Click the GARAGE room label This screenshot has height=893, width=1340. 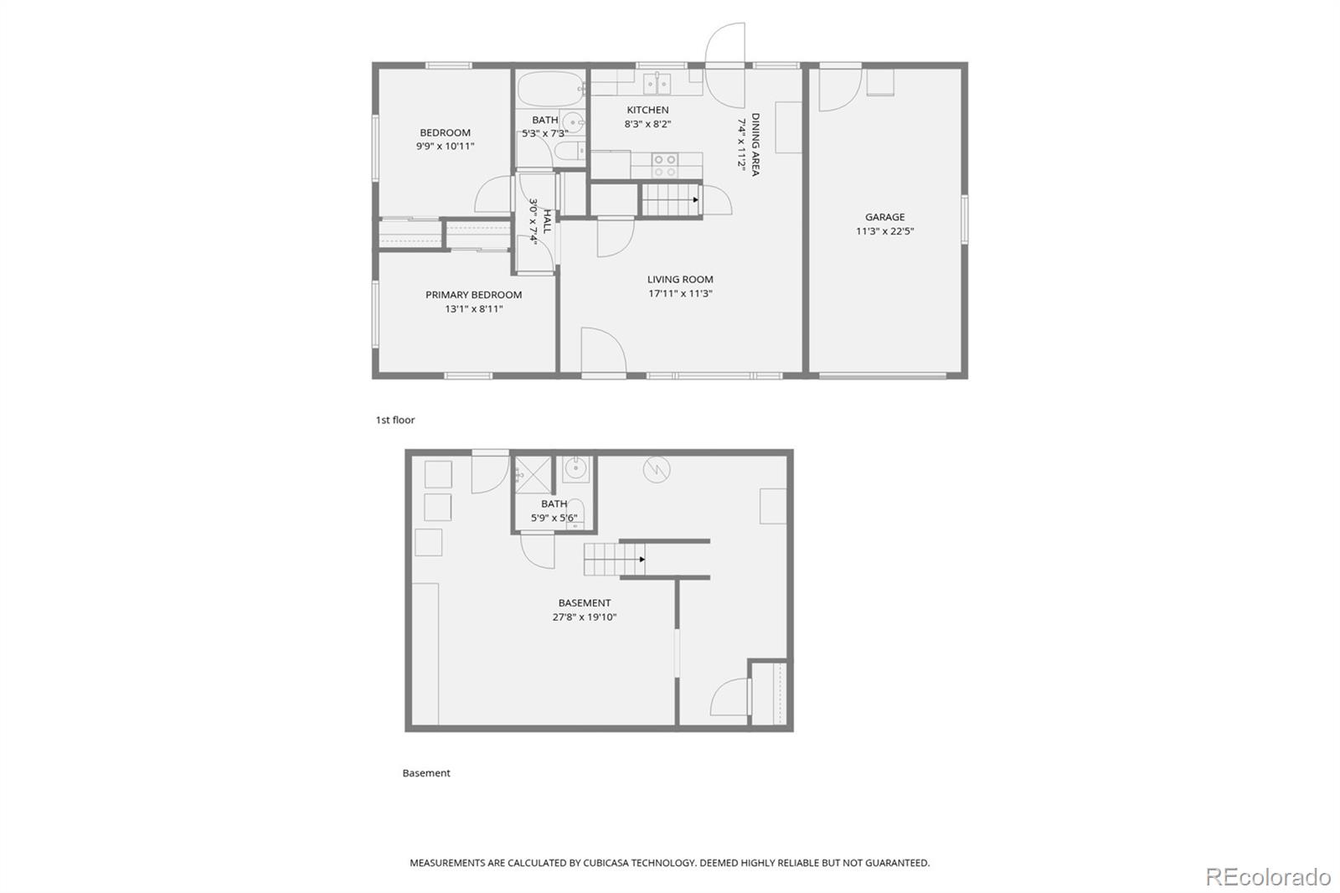(x=884, y=217)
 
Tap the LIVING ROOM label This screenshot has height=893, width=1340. (x=680, y=280)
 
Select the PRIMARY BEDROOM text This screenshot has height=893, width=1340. (x=473, y=295)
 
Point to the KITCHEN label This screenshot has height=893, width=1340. (x=648, y=110)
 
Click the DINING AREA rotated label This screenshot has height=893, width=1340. (x=755, y=144)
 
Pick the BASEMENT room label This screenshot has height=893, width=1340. (x=585, y=602)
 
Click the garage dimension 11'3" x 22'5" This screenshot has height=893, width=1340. (x=884, y=231)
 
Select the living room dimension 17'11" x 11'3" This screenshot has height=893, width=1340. (x=680, y=293)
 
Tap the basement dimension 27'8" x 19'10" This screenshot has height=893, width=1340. (x=585, y=617)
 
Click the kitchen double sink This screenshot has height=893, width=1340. (x=657, y=85)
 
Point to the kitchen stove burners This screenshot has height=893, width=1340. (x=664, y=166)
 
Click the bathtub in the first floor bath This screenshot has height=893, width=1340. (x=551, y=89)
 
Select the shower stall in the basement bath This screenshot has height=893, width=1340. (x=533, y=475)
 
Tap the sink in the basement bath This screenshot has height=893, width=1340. (x=575, y=469)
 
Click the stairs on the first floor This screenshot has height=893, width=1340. (x=671, y=200)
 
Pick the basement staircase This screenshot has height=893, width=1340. (x=615, y=560)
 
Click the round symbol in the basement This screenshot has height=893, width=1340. (x=657, y=470)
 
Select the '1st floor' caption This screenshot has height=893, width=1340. (x=394, y=421)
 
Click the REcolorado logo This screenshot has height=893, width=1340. (x=1268, y=877)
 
